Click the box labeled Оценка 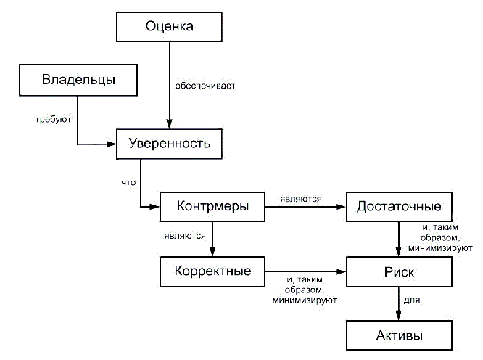click(169, 28)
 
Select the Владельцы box click(78, 78)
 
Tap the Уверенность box click(169, 143)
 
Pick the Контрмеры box click(212, 207)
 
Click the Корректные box click(212, 271)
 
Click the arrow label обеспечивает click(205, 85)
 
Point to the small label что click(128, 183)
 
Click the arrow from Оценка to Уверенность click(169, 80)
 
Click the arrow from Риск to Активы click(399, 303)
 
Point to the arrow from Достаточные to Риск click(399, 240)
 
